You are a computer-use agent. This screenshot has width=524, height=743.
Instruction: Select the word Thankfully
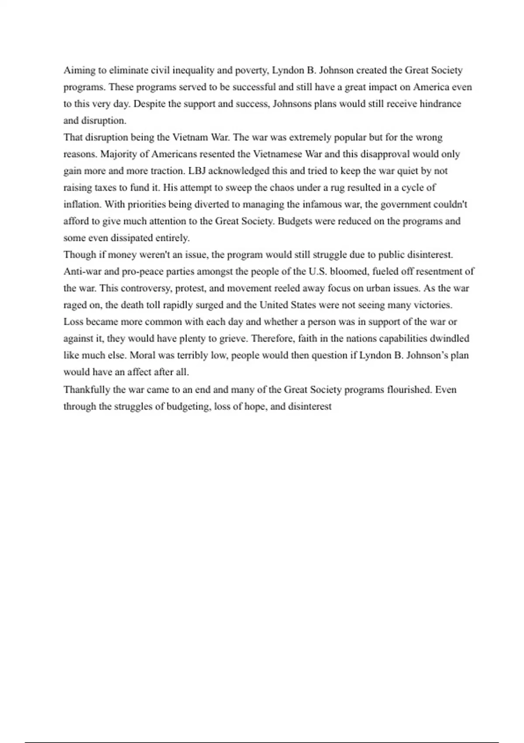86,389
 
